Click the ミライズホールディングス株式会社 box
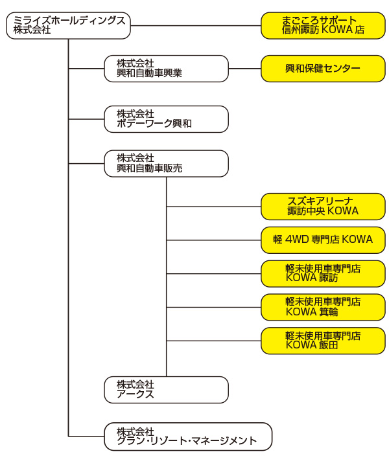pos(68,25)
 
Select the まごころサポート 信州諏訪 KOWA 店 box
pos(323,25)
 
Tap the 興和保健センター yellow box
pos(323,69)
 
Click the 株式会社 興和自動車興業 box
pos(166,69)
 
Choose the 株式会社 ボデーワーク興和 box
pos(166,119)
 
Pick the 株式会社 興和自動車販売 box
pos(166,163)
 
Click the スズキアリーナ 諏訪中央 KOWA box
pos(323,207)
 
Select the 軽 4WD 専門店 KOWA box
pos(323,240)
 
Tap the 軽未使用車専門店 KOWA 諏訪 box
pos(323,273)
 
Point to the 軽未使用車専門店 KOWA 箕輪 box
pos(323,307)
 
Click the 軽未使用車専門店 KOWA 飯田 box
pos(323,341)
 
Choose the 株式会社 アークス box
pos(166,390)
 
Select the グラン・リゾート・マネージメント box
pos(188,437)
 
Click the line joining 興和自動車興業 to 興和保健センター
pos(244,69)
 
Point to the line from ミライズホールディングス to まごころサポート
pos(196,25)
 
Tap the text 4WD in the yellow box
pos(297,240)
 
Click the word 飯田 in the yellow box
pos(329,345)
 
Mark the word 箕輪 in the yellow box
pos(329,312)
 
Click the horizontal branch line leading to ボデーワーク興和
pos(86,119)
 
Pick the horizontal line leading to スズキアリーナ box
pos(214,207)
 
